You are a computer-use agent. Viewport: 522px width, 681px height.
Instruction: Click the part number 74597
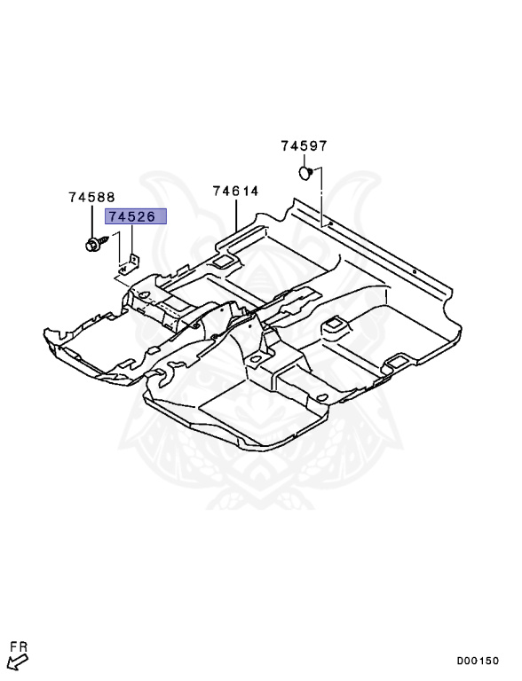pos(304,146)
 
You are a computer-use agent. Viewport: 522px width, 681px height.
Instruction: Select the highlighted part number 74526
pos(131,216)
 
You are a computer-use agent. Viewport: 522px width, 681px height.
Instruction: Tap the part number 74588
pos(91,199)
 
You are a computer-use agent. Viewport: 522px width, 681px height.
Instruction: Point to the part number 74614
pos(235,191)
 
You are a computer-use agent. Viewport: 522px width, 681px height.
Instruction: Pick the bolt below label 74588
pos(92,243)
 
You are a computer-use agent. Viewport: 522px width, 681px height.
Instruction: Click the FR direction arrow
pos(15,661)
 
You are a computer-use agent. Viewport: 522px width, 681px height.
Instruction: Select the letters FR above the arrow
pos(19,647)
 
